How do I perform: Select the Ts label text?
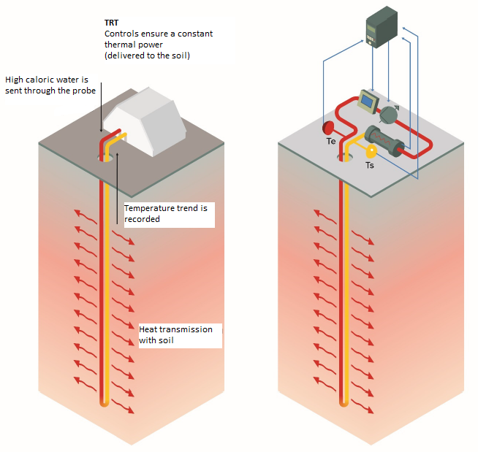tap(370, 166)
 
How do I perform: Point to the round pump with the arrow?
tap(389, 114)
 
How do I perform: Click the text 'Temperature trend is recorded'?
tap(165, 213)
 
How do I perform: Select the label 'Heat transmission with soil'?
tap(175, 334)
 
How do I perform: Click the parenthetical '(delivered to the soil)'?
tap(147, 55)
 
